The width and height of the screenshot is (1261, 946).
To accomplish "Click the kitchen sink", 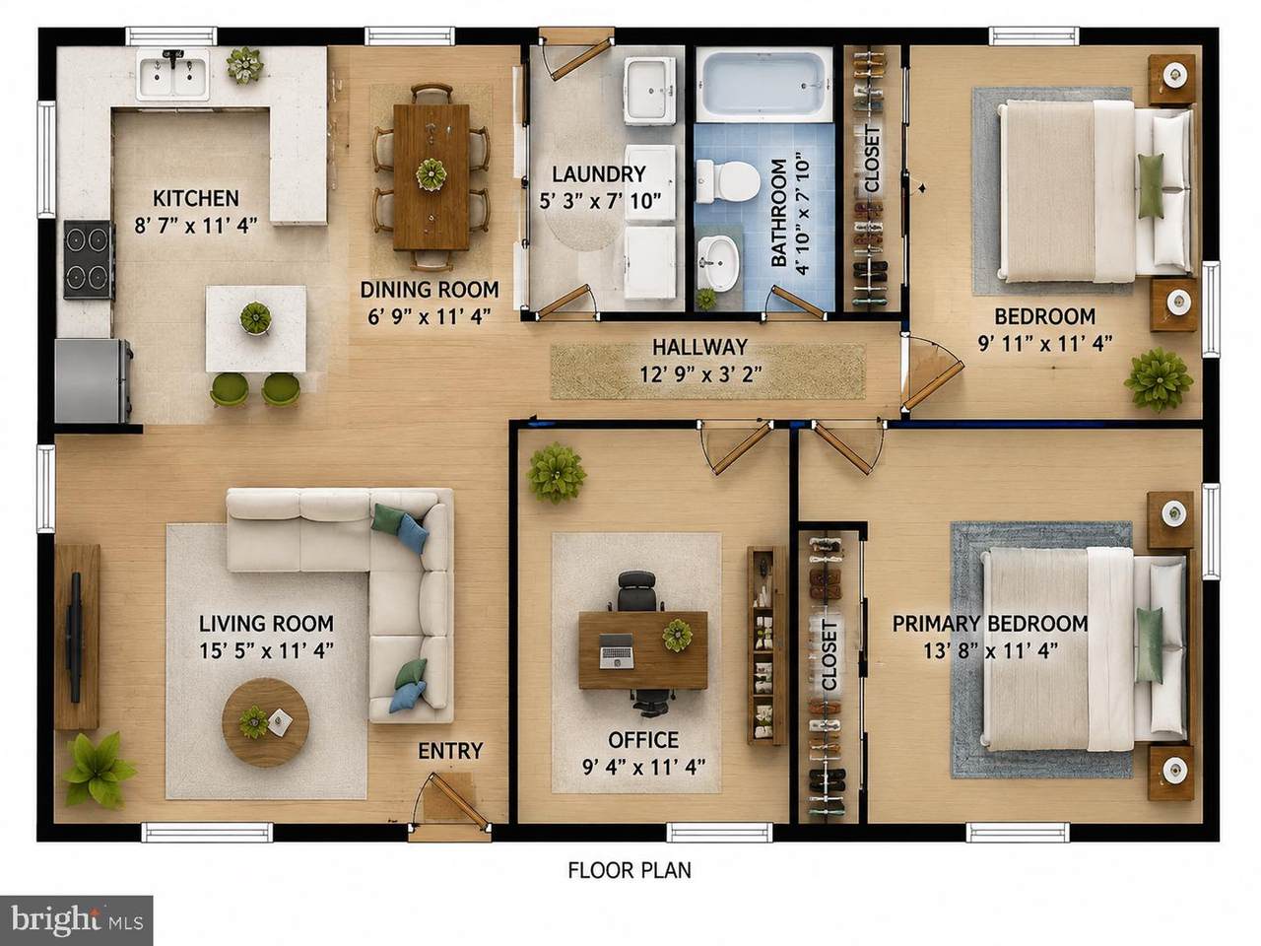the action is point(173,74).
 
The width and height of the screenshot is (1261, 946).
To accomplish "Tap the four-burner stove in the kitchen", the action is point(89,259).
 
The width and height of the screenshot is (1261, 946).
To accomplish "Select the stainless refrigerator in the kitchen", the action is point(94,380).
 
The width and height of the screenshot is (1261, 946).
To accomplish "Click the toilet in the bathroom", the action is point(724,180).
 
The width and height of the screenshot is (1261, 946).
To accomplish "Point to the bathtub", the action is point(763,86).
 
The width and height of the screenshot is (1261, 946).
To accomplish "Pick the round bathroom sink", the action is point(718,263).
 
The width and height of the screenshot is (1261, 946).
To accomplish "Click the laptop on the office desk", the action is point(617,651).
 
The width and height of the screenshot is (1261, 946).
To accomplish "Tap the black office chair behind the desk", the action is point(636,592).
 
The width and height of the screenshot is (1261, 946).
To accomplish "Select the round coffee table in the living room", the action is point(265,722).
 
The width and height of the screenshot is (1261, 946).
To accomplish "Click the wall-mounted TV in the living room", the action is point(74,637).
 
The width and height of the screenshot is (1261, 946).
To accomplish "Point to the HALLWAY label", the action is point(699,347).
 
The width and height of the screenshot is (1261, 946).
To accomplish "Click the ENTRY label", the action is point(450,751).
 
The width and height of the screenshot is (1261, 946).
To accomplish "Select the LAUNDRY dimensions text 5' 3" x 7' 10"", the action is point(600,201).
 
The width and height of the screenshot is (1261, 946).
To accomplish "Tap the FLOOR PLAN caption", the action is point(630,870).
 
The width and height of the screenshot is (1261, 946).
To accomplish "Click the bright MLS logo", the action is point(77,920).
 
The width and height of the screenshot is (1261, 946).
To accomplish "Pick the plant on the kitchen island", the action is point(255,317).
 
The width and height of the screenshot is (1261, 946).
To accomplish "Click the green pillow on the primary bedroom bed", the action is point(1150,645).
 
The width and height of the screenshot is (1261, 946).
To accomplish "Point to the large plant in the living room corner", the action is point(98,770).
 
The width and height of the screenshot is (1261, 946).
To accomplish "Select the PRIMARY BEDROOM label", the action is point(990,623).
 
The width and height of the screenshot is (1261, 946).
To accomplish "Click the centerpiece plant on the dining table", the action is point(431,174).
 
